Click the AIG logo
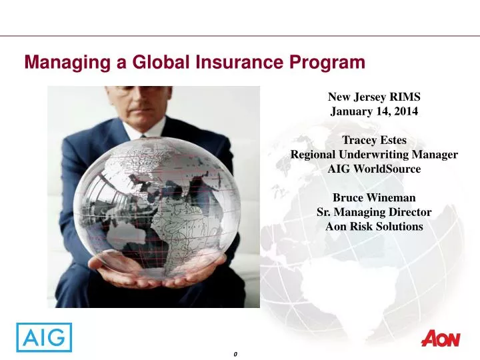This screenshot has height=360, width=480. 44,337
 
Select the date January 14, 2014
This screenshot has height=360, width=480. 374,111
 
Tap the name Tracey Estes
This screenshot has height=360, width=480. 374,140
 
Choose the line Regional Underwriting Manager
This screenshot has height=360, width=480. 374,155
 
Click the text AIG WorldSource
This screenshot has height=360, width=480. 374,169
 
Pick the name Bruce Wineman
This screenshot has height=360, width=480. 374,197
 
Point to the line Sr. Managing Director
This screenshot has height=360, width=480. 374,212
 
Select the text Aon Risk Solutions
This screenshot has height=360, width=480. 374,226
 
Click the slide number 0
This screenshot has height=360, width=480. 236,353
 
